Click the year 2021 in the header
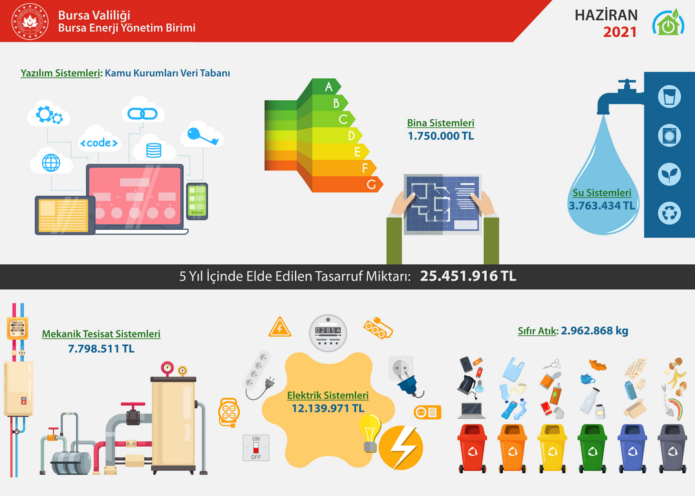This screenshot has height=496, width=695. [x=619, y=32]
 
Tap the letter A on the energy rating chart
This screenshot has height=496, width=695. [x=328, y=87]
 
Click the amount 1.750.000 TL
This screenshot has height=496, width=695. [x=440, y=136]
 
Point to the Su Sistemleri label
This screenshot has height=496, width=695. [x=602, y=192]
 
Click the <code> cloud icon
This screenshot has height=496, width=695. [x=99, y=140]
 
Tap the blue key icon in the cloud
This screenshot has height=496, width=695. [x=202, y=135]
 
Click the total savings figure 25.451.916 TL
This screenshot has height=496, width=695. [x=468, y=276]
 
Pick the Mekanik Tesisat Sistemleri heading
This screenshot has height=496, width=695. [x=101, y=334]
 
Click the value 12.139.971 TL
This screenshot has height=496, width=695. [x=328, y=408]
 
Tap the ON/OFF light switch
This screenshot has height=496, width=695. [x=256, y=448]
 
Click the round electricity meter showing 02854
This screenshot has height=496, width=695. [x=328, y=333]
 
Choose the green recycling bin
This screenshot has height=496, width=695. [x=593, y=448]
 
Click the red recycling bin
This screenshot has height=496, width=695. [x=472, y=448]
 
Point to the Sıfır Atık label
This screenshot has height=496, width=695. [x=537, y=331]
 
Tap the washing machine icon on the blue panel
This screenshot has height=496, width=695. [x=669, y=135]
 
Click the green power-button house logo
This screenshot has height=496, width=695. [x=668, y=23]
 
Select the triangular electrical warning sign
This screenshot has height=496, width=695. [x=280, y=327]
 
